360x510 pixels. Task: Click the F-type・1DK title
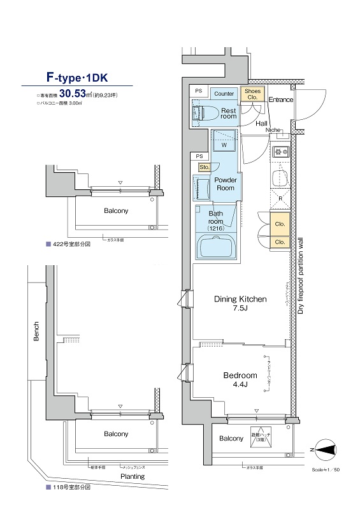tap(77, 78)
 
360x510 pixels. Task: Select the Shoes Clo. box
tap(252, 94)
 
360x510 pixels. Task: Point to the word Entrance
tap(280, 100)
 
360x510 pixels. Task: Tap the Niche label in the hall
tap(273, 130)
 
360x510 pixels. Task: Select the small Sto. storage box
tap(204, 168)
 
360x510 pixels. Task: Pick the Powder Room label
tap(225, 184)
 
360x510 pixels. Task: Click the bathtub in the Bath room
tap(216, 245)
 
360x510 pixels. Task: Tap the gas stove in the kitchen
tap(280, 152)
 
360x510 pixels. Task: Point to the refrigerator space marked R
tap(280, 198)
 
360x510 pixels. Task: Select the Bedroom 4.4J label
tap(240, 380)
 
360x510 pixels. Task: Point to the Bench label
tap(36, 331)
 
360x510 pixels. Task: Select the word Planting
tap(133, 476)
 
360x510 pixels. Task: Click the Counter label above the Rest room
tap(224, 94)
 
